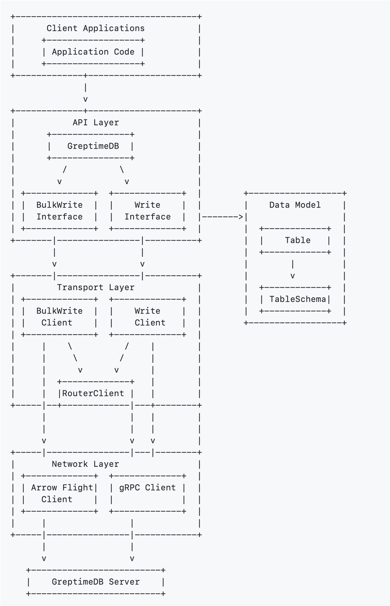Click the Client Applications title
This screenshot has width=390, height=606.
(x=95, y=28)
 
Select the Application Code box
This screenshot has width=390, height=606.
(x=93, y=52)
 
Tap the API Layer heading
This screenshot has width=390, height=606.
(x=95, y=123)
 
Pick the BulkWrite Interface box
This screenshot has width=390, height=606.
(x=59, y=211)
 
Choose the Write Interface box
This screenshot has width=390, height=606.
(x=147, y=211)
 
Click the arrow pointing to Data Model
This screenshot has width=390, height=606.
(x=222, y=217)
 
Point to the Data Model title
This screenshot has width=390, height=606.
(x=295, y=205)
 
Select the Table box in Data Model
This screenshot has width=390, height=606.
(x=295, y=241)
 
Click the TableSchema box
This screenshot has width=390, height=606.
(x=295, y=299)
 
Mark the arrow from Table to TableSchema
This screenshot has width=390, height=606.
(x=293, y=270)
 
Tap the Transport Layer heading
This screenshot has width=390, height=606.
(x=95, y=287)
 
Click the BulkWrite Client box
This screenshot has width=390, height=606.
(x=59, y=317)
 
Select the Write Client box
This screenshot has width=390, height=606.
(x=147, y=317)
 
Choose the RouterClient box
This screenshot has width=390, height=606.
(x=95, y=393)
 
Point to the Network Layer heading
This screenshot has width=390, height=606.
(x=85, y=464)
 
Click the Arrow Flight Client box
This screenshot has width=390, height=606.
(x=59, y=493)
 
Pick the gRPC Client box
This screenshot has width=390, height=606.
(x=147, y=493)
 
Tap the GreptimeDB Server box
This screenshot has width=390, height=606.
(x=96, y=581)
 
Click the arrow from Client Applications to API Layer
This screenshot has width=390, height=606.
(x=85, y=93)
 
